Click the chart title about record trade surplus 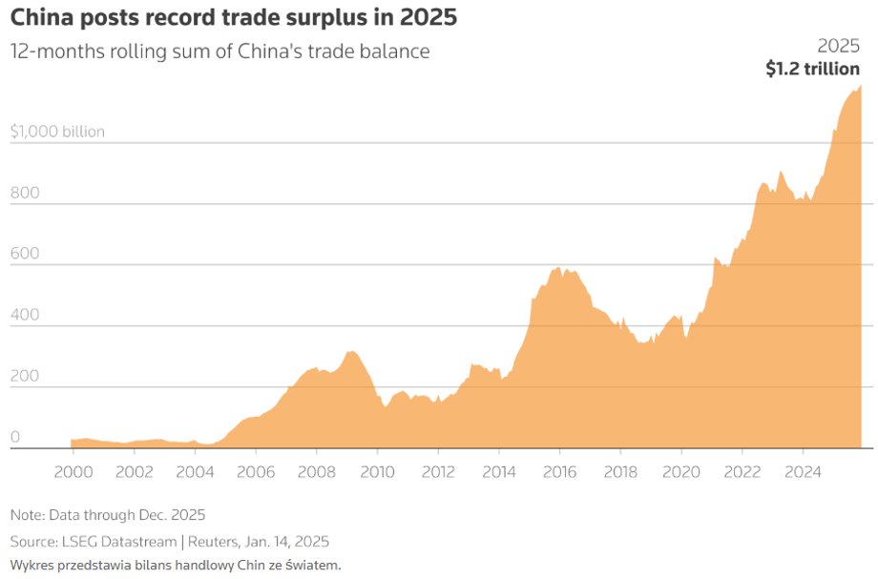(x=233, y=18)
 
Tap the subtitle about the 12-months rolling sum (x=219, y=52)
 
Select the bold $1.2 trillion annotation (x=812, y=69)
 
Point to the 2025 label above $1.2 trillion (x=839, y=46)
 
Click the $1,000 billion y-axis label (x=57, y=132)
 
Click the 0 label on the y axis (x=14, y=437)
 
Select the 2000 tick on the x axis (x=73, y=471)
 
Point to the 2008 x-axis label (x=316, y=471)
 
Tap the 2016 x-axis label (x=559, y=471)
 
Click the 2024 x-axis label (x=803, y=471)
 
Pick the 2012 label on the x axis (x=438, y=471)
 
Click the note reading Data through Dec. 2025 (x=108, y=515)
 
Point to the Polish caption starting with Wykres (x=176, y=565)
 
